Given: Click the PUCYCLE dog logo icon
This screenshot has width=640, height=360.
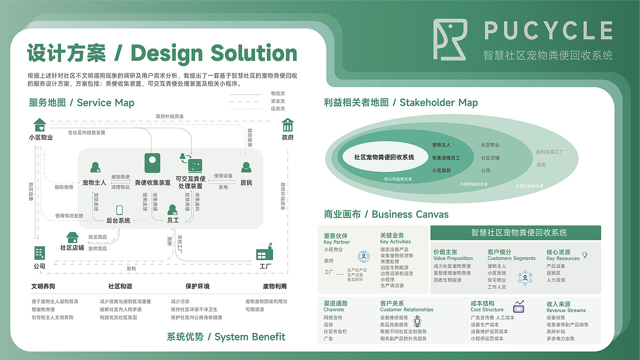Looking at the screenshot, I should pyautogui.click(x=450, y=39).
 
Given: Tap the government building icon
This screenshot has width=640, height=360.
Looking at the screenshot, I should pyautogui.click(x=287, y=124).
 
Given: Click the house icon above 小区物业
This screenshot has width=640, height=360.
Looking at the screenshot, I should pyautogui.click(x=39, y=124).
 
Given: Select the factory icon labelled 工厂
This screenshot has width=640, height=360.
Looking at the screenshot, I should pyautogui.click(x=264, y=253).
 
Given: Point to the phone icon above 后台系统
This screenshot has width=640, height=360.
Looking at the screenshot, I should pyautogui.click(x=119, y=210).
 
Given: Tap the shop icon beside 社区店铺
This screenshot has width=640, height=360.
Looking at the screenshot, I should pyautogui.click(x=72, y=236).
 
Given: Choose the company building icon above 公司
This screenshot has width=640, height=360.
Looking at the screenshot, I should pyautogui.click(x=39, y=253).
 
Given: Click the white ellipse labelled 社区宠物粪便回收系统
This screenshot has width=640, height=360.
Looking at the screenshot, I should pyautogui.click(x=384, y=157).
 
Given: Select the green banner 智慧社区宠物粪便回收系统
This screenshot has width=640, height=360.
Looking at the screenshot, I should pyautogui.click(x=515, y=232).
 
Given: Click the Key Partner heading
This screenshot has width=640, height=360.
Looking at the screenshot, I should pyautogui.click(x=336, y=239).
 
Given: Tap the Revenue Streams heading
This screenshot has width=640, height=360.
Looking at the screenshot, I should pyautogui.click(x=565, y=307).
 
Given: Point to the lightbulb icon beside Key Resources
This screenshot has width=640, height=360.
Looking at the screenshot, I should pyautogui.click(x=584, y=255).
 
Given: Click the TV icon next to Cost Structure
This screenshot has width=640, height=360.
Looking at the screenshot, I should pyautogui.click(x=518, y=306).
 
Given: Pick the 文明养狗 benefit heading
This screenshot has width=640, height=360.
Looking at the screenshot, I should pyautogui.click(x=43, y=286).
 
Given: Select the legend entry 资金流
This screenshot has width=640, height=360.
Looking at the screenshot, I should pyautogui.click(x=277, y=101).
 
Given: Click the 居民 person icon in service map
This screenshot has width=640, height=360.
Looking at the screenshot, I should pyautogui.click(x=245, y=167).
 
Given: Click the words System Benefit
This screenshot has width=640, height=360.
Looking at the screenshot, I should pyautogui.click(x=249, y=337).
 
